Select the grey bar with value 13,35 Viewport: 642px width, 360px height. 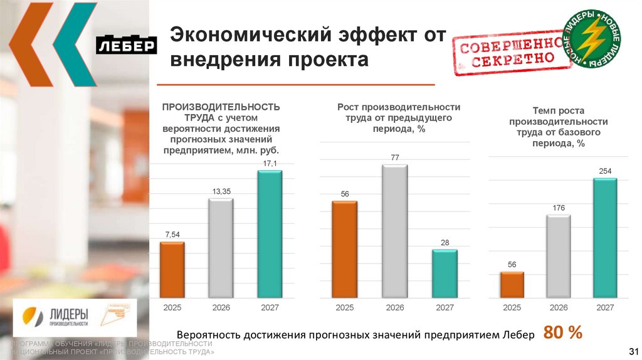tap(221, 248)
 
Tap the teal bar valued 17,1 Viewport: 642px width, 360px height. tap(270, 234)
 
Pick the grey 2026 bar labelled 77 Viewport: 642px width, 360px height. tap(394, 231)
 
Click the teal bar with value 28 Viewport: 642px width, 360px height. tap(445, 273)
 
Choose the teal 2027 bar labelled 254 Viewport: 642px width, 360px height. tap(605, 238)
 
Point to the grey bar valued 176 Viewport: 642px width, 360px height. tap(559, 256)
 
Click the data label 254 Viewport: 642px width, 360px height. tap(605, 171)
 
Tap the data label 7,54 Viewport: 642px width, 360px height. tap(172, 234)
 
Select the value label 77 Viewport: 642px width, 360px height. tap(395, 157)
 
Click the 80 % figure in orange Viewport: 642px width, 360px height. tap(563, 333)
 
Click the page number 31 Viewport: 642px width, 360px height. tap(632, 350)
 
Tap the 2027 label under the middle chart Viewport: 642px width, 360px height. tap(445, 307)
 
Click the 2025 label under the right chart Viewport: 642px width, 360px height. tap(512, 307)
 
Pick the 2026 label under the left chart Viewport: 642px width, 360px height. tap(221, 307)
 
